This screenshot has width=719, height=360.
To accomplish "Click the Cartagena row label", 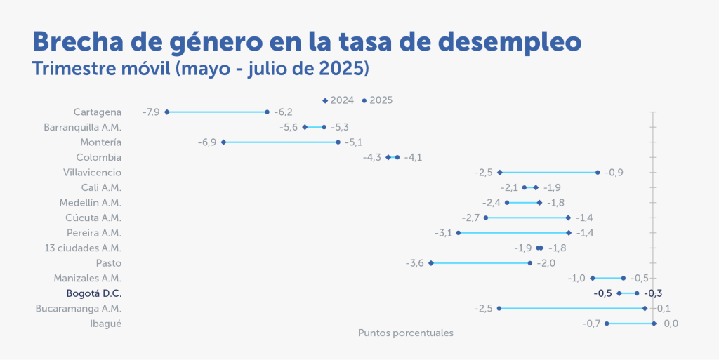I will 98,112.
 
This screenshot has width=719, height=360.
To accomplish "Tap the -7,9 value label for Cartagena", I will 151,112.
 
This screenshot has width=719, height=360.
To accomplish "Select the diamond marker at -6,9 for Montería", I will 223,142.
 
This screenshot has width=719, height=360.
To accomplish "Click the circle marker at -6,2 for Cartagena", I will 267,112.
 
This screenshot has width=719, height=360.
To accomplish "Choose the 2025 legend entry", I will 377,100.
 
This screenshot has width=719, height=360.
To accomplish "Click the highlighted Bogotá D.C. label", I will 93,293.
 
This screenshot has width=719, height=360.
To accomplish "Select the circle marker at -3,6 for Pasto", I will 431,263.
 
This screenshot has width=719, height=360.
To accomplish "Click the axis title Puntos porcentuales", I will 405,333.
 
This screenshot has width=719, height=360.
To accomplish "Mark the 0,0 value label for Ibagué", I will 671,324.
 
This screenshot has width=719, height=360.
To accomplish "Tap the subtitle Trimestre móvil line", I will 200,69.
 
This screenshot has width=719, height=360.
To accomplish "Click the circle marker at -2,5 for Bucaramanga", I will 499,308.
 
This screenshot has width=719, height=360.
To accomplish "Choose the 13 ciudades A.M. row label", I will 83,248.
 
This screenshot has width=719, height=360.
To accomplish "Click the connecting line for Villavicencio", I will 548,173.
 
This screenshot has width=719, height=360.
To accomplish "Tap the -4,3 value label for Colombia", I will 371,157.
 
